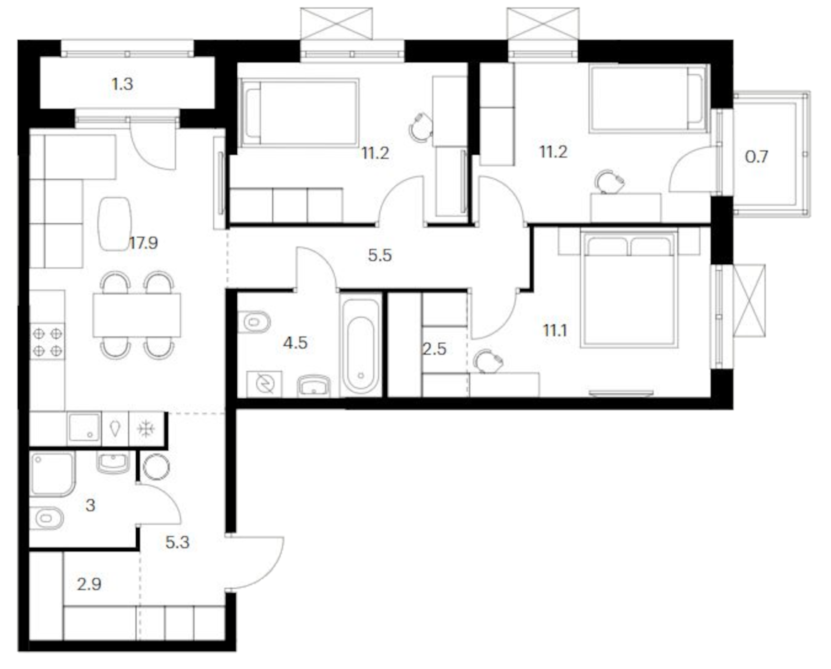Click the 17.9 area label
pos(143,243)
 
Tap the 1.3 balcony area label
pos(122,84)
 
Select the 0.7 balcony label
pos(756,157)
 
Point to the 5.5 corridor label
pos(379,255)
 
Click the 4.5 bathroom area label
pos(295,343)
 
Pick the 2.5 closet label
pos(434,349)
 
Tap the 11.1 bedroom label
pos(554,330)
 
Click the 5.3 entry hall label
pos(177,542)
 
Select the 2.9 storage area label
pos(89,584)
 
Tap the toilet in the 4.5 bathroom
pos(254,322)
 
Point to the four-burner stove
pos(47,342)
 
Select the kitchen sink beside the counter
pos(84,428)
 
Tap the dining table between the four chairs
pos(137,315)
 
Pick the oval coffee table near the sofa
pos(114,224)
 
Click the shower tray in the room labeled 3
pos(52,474)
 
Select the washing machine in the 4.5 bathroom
pos(265,384)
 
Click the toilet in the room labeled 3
pos(46,518)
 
